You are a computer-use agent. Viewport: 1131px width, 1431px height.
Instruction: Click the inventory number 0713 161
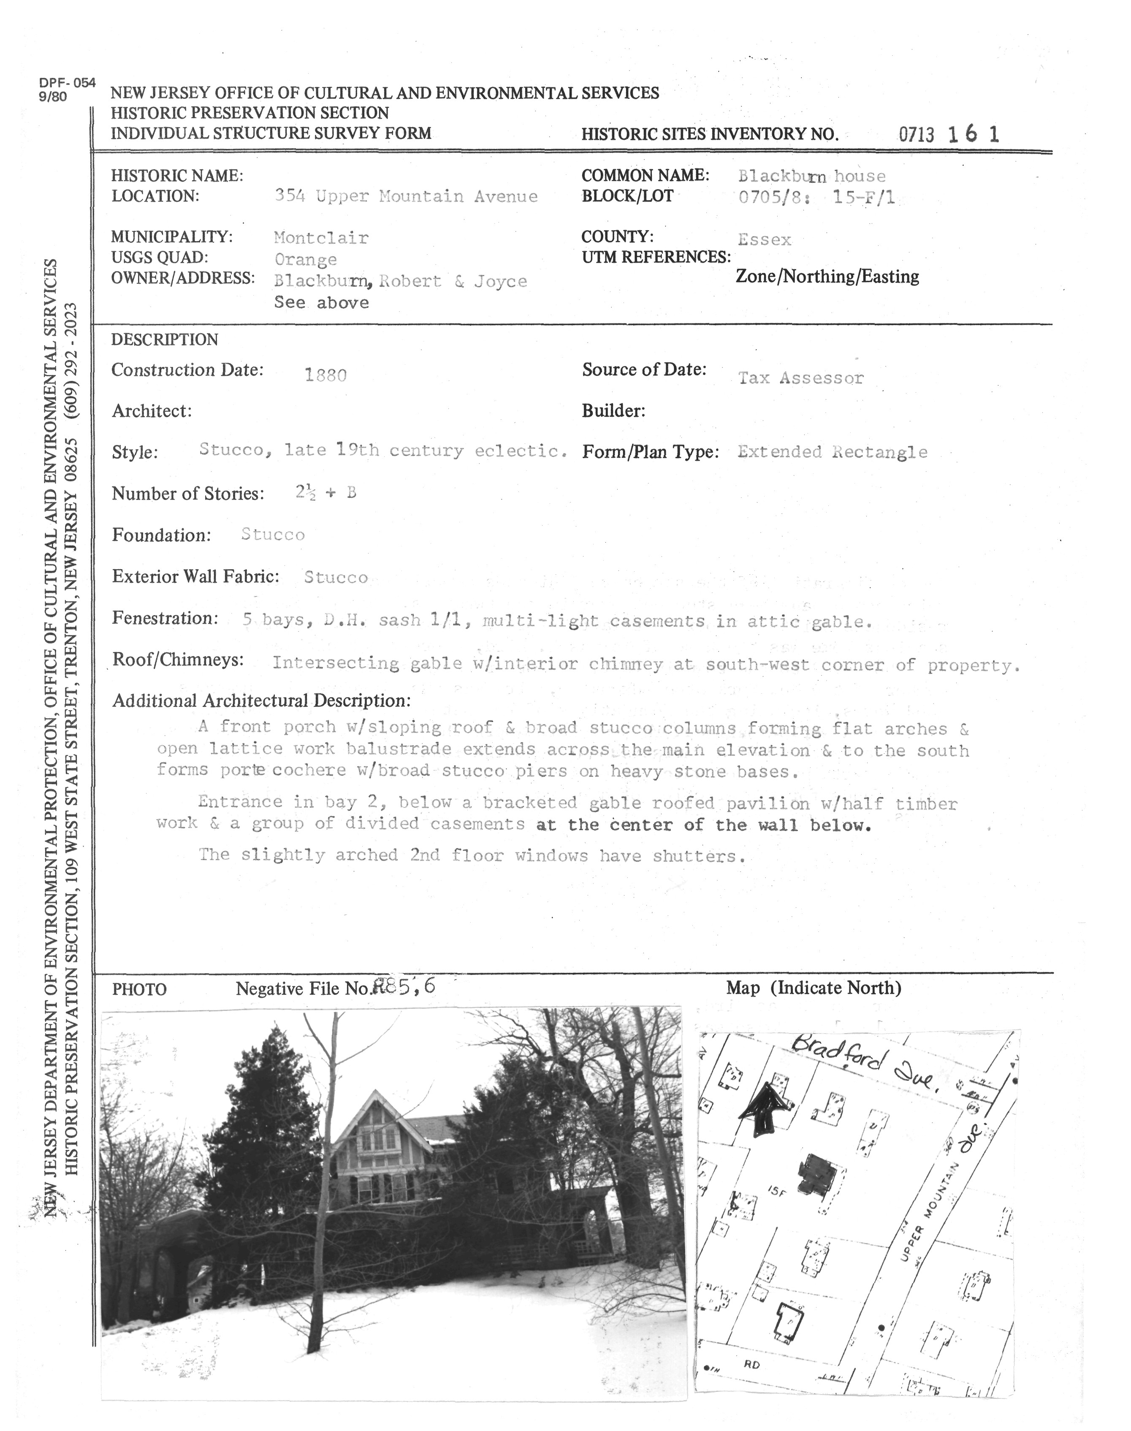tap(948, 134)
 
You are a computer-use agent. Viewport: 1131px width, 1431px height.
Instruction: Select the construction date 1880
tap(325, 375)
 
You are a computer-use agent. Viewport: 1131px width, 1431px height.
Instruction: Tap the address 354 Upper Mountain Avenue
tap(406, 197)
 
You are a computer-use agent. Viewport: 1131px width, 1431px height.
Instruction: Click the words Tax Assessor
tap(800, 378)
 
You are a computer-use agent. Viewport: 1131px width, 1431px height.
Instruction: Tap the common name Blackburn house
tap(811, 176)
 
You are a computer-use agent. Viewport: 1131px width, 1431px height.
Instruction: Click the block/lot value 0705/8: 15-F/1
tap(816, 197)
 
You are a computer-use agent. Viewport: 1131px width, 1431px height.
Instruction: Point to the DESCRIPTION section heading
tap(164, 340)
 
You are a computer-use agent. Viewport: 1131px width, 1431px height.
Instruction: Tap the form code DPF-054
tap(67, 84)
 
